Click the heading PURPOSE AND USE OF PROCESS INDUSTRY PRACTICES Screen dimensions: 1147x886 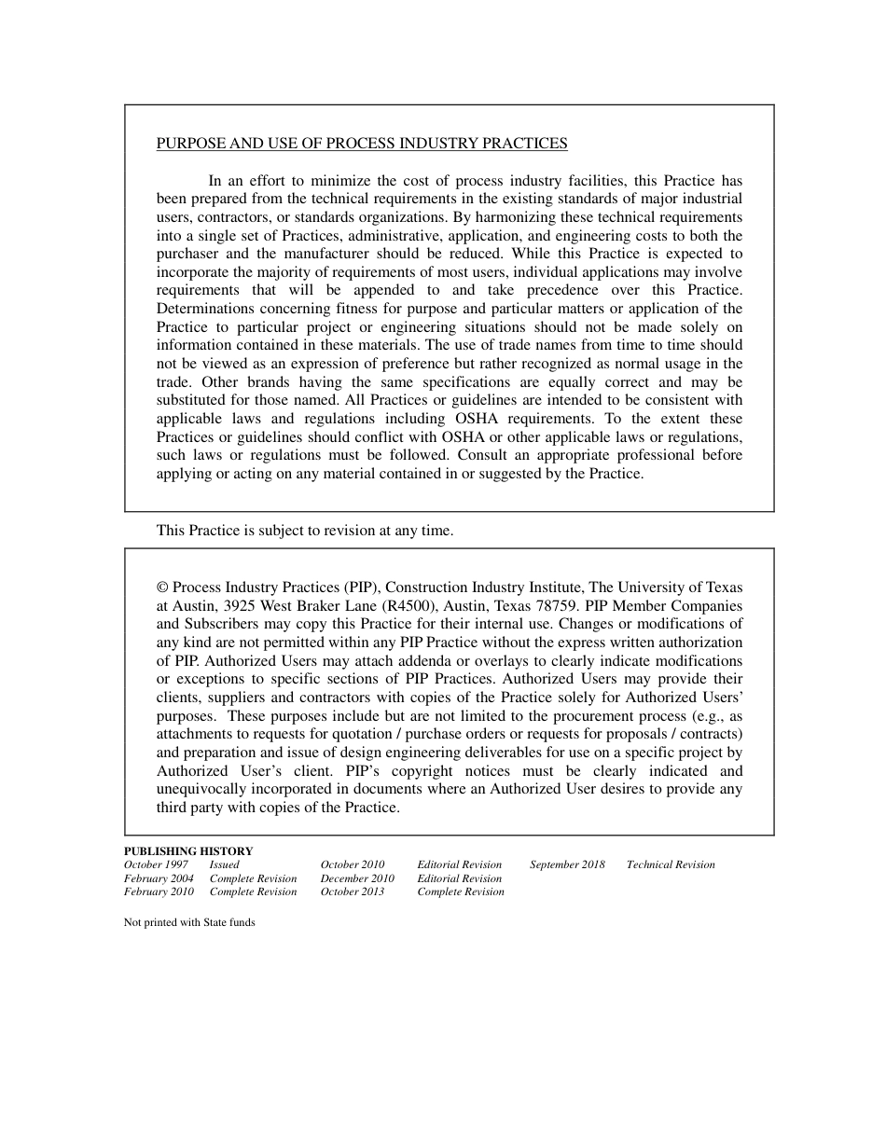coord(362,144)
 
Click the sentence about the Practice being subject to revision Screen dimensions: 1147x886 coord(305,531)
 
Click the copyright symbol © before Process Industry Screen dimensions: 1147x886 coord(162,587)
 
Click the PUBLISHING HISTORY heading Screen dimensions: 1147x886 coord(188,850)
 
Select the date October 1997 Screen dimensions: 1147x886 coord(156,864)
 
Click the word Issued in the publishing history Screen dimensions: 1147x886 coord(224,864)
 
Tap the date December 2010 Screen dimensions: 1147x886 coord(357,878)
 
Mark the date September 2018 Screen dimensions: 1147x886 coord(567,864)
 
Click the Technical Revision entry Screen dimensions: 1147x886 coord(671,864)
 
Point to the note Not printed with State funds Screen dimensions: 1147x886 coord(189,922)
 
